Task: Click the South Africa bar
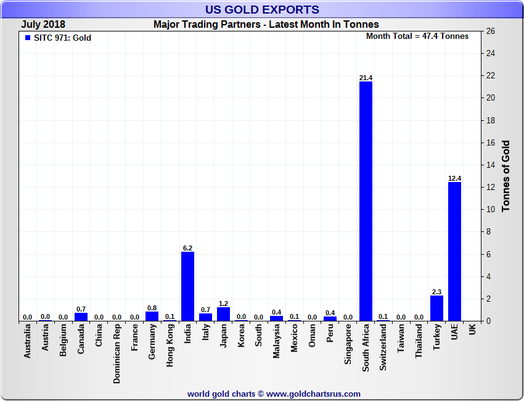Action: click(x=366, y=201)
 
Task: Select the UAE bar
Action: click(x=454, y=251)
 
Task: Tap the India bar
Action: click(x=187, y=286)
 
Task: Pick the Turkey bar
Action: click(x=436, y=308)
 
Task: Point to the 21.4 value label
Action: click(x=366, y=78)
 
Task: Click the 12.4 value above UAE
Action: click(x=454, y=178)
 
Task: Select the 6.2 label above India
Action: click(x=187, y=248)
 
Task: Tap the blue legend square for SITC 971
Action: click(x=27, y=38)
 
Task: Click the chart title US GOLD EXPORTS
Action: click(x=262, y=10)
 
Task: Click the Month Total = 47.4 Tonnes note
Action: click(x=417, y=36)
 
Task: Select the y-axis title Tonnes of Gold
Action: click(x=506, y=176)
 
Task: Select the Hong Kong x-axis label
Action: click(x=170, y=346)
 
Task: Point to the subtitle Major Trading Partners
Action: click(x=266, y=25)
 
